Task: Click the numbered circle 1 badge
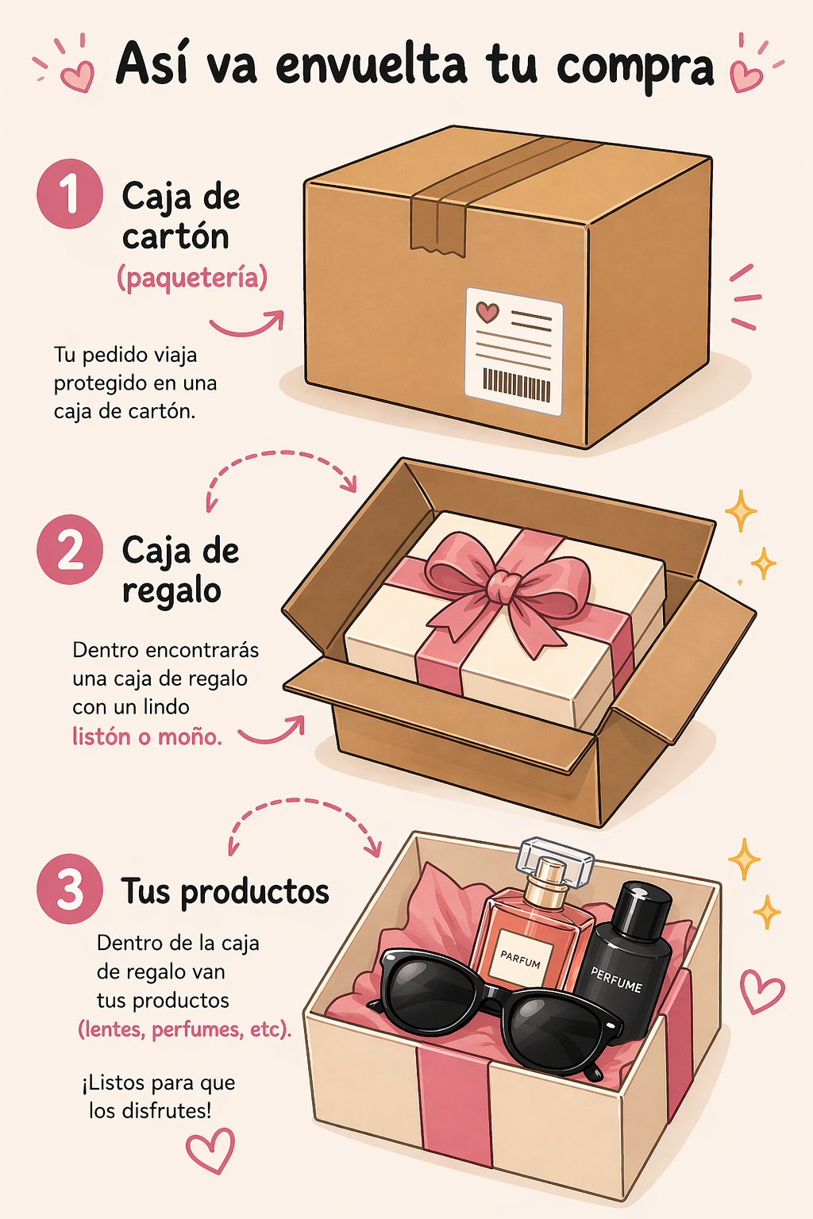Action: point(70,194)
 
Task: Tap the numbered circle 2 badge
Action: point(70,549)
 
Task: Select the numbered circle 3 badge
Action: point(70,889)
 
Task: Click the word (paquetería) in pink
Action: point(192,278)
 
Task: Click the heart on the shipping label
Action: point(487,312)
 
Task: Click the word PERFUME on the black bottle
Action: point(616,979)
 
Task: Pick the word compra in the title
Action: point(635,67)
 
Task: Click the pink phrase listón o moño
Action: point(147,736)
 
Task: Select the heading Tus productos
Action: point(225,891)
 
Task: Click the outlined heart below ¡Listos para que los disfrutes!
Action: point(210,1151)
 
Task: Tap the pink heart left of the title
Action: point(78,76)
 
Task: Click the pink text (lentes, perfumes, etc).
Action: point(184,1029)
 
